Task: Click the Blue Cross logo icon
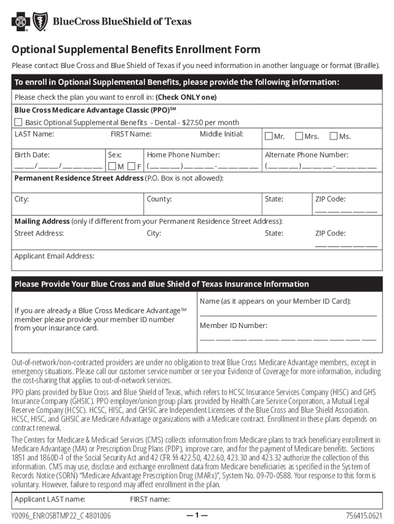20,21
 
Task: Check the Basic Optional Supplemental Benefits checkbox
18,122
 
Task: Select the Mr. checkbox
269,137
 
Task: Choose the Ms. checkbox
334,137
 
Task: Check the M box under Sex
112,166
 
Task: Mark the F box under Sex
132,166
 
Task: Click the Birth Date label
32,155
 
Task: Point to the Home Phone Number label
183,155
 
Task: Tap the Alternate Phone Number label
307,155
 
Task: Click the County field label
159,199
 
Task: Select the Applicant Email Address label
54,256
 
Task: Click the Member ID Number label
233,325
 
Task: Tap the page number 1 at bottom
197,515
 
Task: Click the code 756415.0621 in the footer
364,515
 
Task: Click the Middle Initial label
221,134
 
